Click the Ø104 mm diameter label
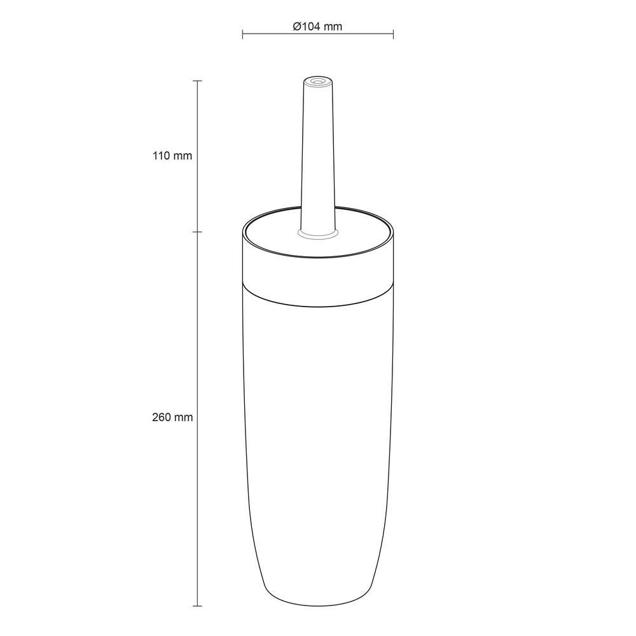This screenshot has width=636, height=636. pyautogui.click(x=317, y=26)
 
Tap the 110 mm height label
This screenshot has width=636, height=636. pyautogui.click(x=172, y=155)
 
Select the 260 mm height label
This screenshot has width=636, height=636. pyautogui.click(x=172, y=417)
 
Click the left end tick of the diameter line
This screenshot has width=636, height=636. pyautogui.click(x=242, y=34)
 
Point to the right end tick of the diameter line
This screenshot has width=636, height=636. pyautogui.click(x=394, y=34)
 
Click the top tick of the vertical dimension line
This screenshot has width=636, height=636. pyautogui.click(x=197, y=81)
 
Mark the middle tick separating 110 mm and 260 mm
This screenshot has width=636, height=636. pyautogui.click(x=197, y=232)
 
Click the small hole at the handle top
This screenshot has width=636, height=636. pyautogui.click(x=318, y=81)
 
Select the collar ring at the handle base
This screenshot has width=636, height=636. pyautogui.click(x=318, y=235)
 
